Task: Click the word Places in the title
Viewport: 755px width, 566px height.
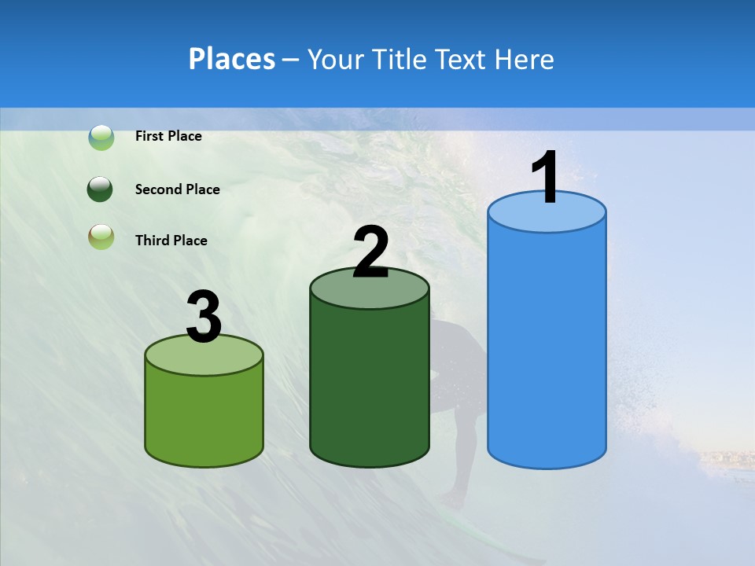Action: coord(232,59)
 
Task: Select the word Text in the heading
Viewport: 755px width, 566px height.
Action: coord(464,59)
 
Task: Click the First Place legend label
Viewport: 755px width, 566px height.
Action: coord(168,136)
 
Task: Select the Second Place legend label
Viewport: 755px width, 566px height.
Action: coord(177,189)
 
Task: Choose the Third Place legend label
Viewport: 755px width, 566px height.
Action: coord(171,241)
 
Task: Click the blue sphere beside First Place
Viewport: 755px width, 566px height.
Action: coord(101,138)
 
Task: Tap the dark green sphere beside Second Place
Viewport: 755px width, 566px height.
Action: coord(101,189)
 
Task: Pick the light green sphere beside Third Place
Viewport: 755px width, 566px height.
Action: coord(101,237)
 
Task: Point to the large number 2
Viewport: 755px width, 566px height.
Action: coord(370,252)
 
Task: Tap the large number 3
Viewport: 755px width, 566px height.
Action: coord(204,318)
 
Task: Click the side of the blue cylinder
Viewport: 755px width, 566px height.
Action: coord(547,346)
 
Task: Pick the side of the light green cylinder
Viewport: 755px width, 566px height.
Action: coord(204,417)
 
